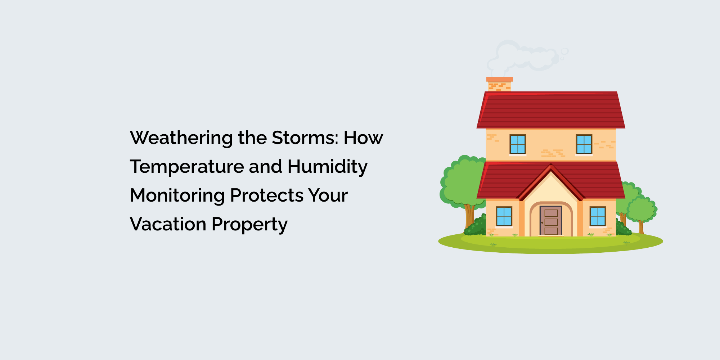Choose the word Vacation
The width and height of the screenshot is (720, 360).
click(168, 224)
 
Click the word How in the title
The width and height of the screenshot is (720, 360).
click(363, 138)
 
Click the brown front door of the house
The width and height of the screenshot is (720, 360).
click(551, 221)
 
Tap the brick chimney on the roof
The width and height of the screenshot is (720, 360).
click(500, 84)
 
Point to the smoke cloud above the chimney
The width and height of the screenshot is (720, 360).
click(525, 56)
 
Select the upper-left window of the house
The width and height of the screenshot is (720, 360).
click(518, 144)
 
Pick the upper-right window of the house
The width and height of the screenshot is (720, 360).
click(584, 144)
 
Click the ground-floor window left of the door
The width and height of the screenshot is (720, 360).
click(504, 217)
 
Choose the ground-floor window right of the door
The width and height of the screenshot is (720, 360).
click(598, 217)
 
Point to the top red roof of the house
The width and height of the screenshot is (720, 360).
click(551, 110)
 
